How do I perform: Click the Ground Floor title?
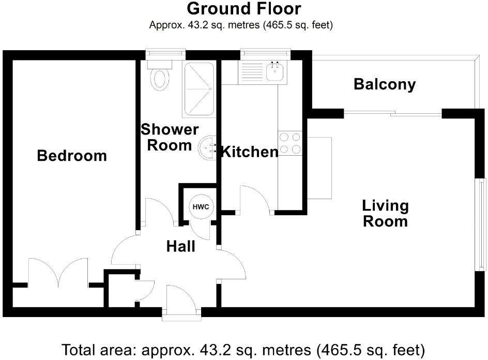pyautogui.click(x=243, y=9)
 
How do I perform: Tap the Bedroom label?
pyautogui.click(x=72, y=155)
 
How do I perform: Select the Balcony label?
pyautogui.click(x=384, y=84)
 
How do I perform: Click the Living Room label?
pyautogui.click(x=385, y=214)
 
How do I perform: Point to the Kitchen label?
pyautogui.click(x=249, y=152)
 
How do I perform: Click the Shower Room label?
pyautogui.click(x=170, y=137)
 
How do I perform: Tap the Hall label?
pyautogui.click(x=180, y=247)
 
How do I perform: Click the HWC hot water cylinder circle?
pyautogui.click(x=201, y=207)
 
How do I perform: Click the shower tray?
pyautogui.click(x=198, y=89)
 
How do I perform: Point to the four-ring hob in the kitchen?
pyautogui.click(x=289, y=143)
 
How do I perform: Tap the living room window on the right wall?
pyautogui.click(x=481, y=224)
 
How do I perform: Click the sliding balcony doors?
pyautogui.click(x=393, y=113)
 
